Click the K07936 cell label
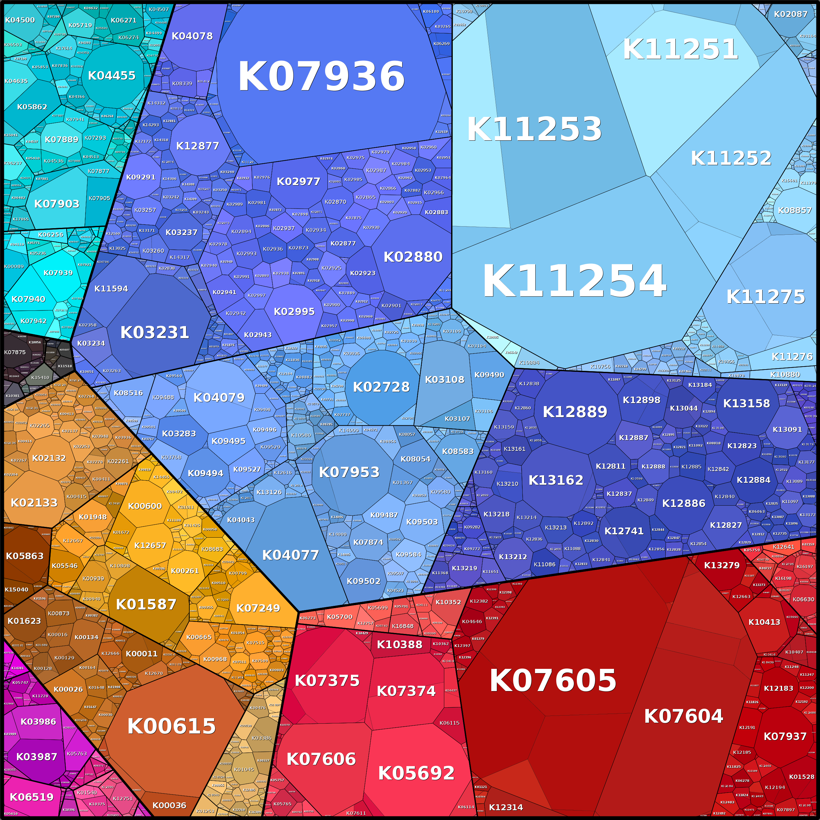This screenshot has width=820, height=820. pos(321,76)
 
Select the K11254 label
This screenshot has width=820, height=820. pos(574,281)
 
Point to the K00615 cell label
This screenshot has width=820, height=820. pos(171,726)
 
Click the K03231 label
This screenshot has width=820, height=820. pos(154,332)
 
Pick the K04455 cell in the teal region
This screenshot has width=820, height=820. pos(112,75)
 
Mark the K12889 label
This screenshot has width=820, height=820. pos(575,412)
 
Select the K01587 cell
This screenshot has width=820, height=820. pos(146,604)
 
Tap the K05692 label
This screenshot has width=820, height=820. pos(417,773)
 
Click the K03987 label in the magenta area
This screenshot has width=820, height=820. pos(37,757)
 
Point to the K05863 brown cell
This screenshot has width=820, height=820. pos(24,556)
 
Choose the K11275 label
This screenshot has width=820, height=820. pos(766,297)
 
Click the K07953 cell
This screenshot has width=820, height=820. pos(349,472)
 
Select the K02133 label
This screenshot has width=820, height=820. pos(34,502)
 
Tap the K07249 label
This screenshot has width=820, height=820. pos(258,608)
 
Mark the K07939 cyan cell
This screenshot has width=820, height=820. pos(58,273)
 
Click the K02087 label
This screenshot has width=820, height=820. pos(790,14)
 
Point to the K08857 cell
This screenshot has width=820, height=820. pos(795,210)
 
